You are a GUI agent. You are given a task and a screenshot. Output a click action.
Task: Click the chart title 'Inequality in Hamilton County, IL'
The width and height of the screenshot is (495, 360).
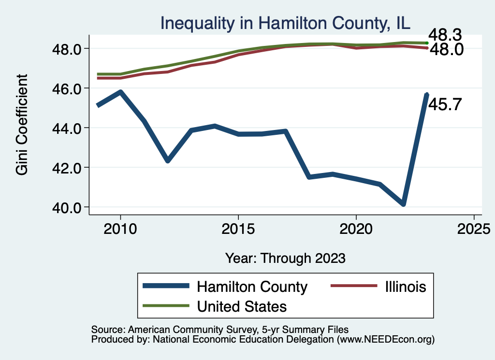click(285, 23)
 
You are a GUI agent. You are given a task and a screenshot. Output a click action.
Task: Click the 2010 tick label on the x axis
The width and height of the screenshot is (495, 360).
click(120, 229)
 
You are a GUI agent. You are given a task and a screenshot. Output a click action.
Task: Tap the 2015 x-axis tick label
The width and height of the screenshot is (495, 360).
click(238, 229)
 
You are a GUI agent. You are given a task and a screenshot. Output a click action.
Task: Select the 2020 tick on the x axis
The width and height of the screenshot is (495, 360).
click(356, 229)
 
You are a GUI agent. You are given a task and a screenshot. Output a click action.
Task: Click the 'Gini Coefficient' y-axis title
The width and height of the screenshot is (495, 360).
click(22, 125)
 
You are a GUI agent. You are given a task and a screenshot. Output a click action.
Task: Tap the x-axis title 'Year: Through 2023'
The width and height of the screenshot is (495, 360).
click(285, 258)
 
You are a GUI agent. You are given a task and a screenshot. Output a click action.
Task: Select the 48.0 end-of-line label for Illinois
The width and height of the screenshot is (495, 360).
click(447, 49)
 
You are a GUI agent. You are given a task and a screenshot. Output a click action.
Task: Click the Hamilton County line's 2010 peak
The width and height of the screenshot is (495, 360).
click(120, 92)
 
